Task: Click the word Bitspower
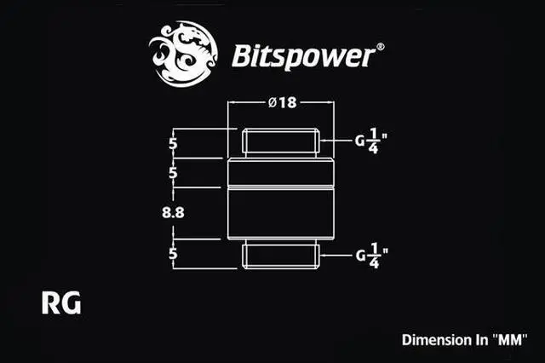303,56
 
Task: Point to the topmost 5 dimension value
174,143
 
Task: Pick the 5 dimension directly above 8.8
174,173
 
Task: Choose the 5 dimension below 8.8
174,254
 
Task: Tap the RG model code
60,302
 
